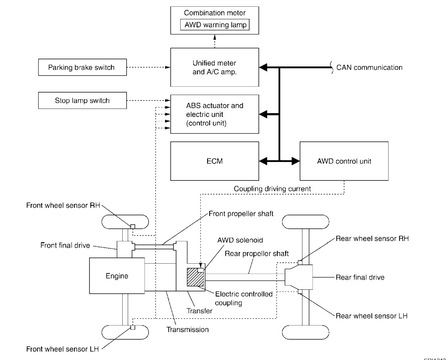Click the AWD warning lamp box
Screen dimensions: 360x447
[215, 25]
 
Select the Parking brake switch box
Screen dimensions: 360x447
[82, 67]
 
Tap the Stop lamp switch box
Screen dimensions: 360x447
[82, 101]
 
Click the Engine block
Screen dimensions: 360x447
[116, 276]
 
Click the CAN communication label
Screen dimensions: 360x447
[369, 67]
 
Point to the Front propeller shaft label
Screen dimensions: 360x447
[241, 213]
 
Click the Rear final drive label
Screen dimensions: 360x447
[360, 278]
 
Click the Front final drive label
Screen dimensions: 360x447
[65, 245]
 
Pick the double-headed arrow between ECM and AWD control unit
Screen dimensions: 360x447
[279, 161]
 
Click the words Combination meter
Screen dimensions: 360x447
[215, 13]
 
